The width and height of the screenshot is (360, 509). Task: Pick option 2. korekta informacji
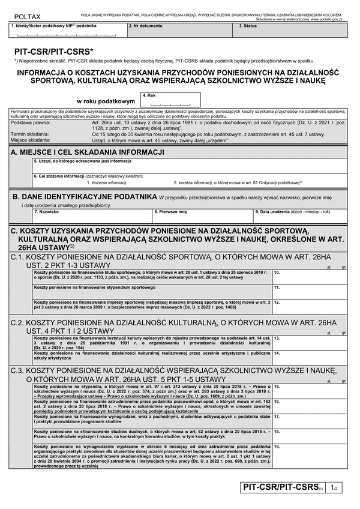[237, 182]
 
